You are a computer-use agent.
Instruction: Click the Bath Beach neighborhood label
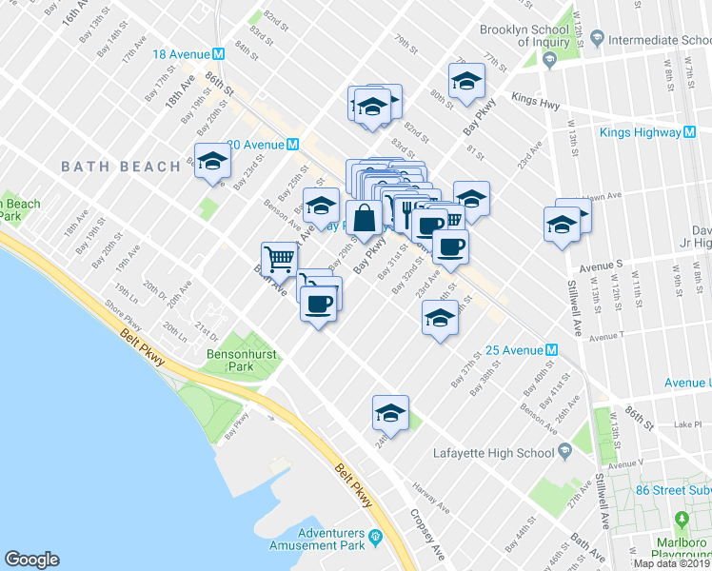click(121, 167)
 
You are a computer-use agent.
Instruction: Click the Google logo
click(31, 560)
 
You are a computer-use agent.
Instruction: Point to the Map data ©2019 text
click(671, 563)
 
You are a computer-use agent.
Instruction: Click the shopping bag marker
click(365, 217)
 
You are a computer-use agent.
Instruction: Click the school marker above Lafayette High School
click(390, 411)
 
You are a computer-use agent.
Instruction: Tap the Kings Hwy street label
click(531, 98)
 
